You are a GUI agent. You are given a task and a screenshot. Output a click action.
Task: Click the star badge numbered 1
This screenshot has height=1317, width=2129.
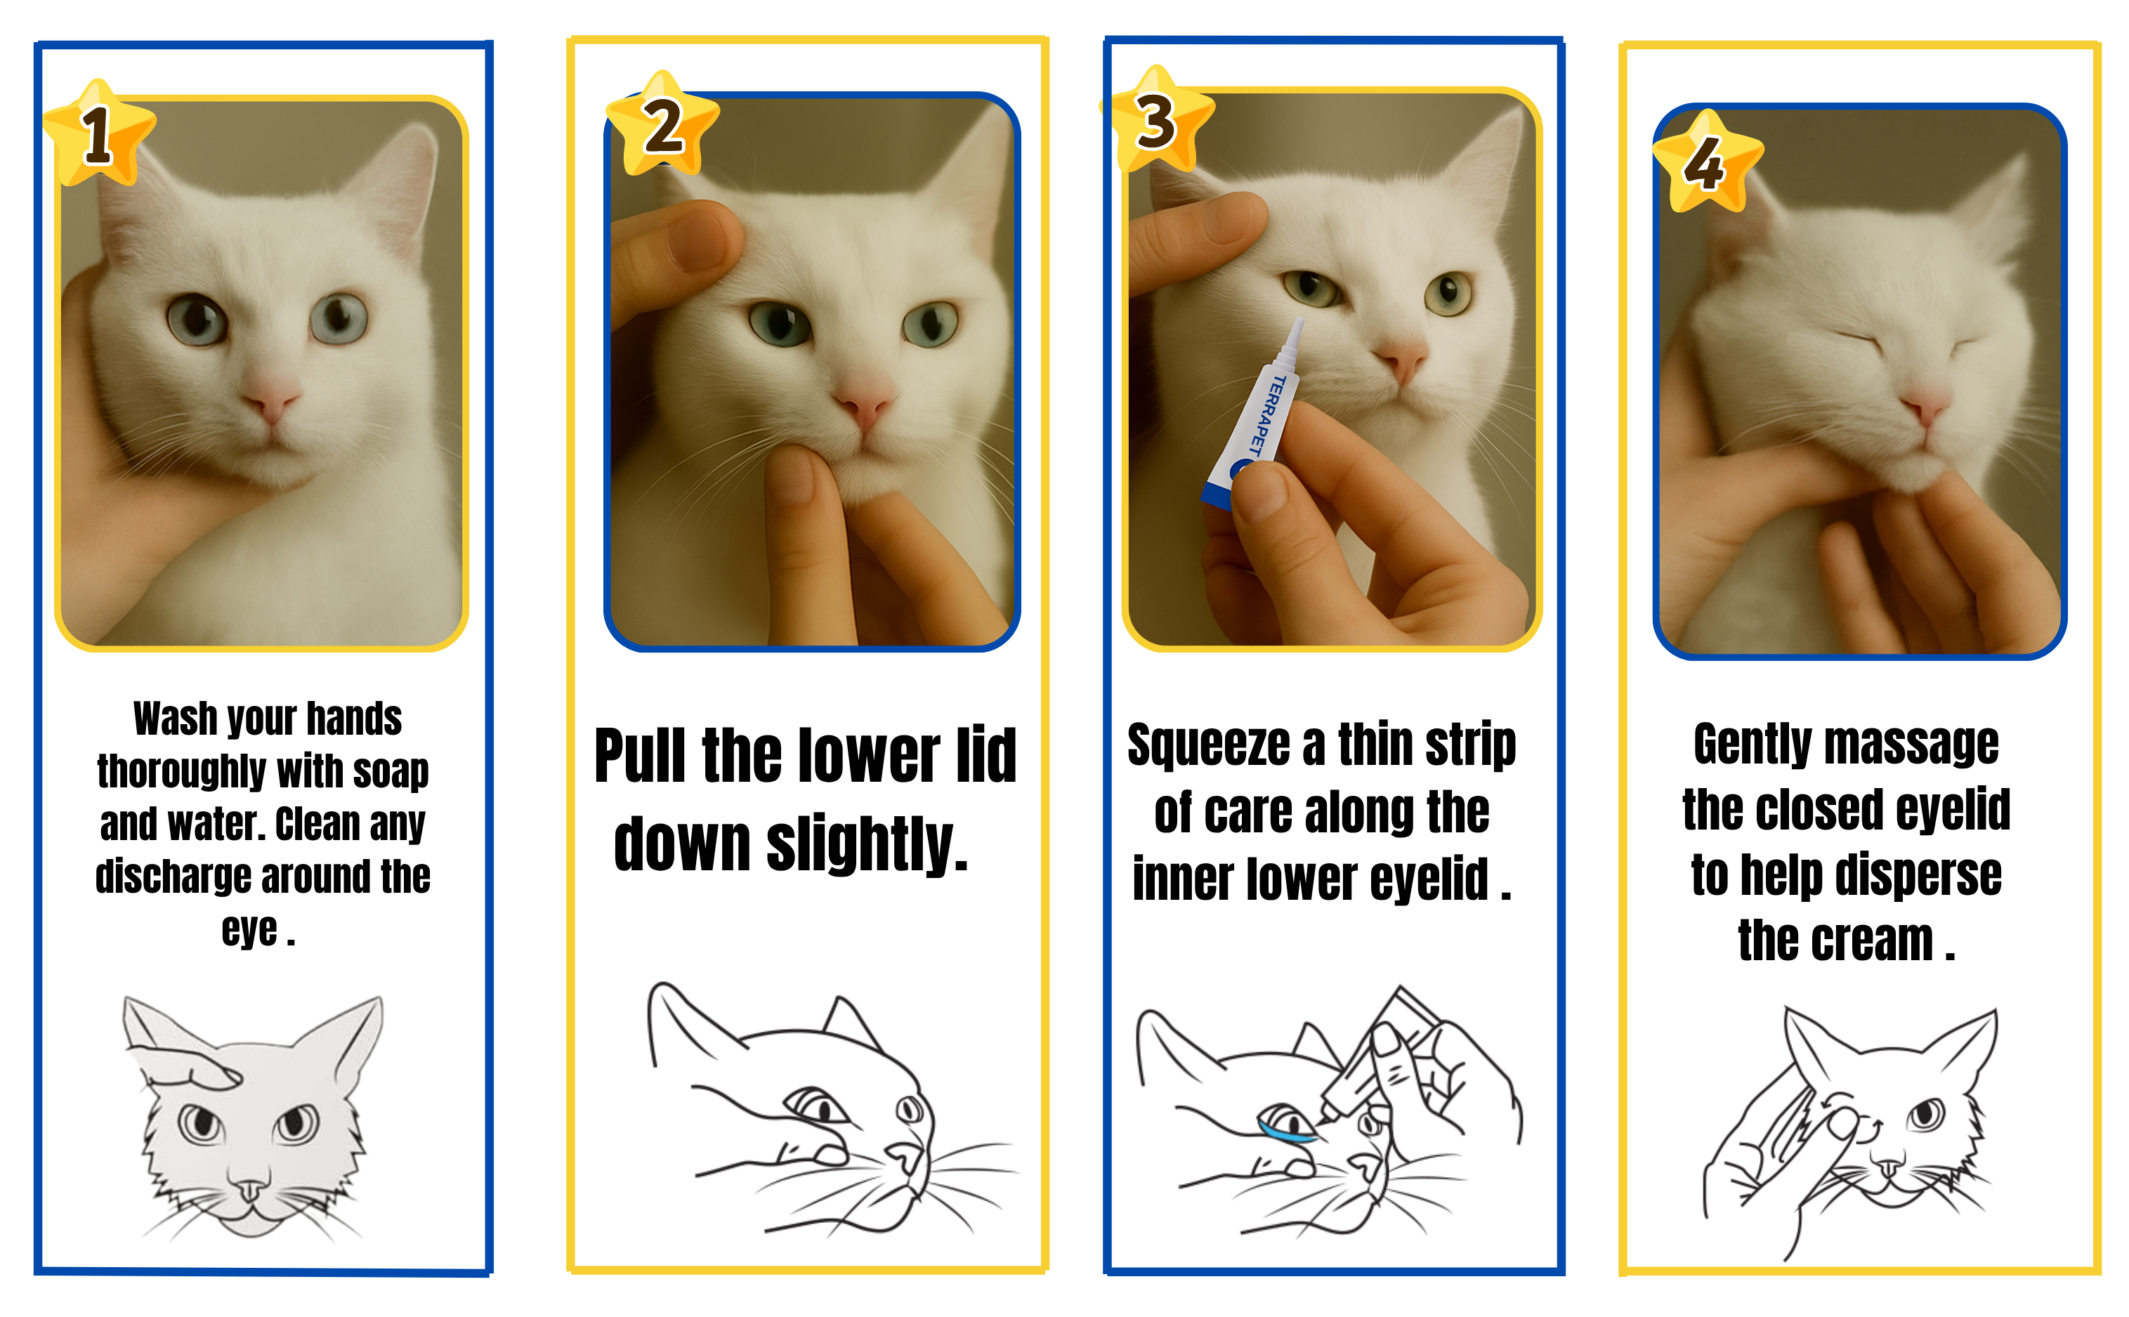[x=98, y=134]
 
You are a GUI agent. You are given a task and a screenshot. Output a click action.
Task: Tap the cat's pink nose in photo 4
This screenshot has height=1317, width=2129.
[x=1926, y=407]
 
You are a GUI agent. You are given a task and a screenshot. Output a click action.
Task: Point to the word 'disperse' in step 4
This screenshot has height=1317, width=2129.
[x=1915, y=875]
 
